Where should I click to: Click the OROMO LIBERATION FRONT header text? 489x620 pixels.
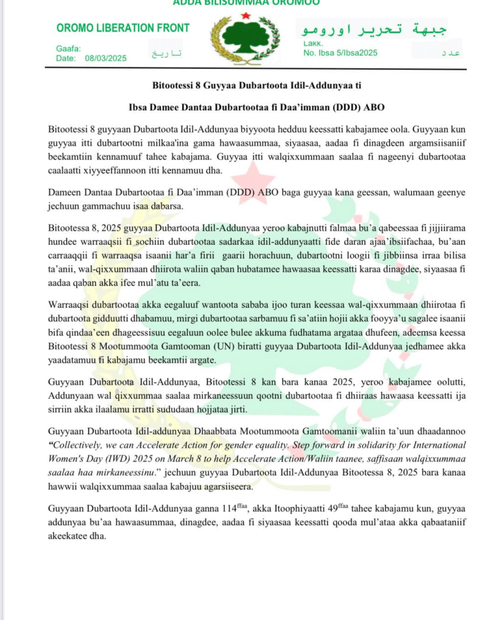point(123,28)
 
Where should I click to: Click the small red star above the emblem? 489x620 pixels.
point(245,15)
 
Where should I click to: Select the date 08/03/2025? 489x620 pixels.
point(106,58)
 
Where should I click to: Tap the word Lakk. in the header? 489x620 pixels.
point(313,43)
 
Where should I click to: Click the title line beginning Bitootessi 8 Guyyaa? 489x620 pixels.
point(257,84)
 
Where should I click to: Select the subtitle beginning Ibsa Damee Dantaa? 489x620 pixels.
point(257,107)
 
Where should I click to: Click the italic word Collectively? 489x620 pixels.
point(79,446)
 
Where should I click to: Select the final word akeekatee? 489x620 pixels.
point(67,536)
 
